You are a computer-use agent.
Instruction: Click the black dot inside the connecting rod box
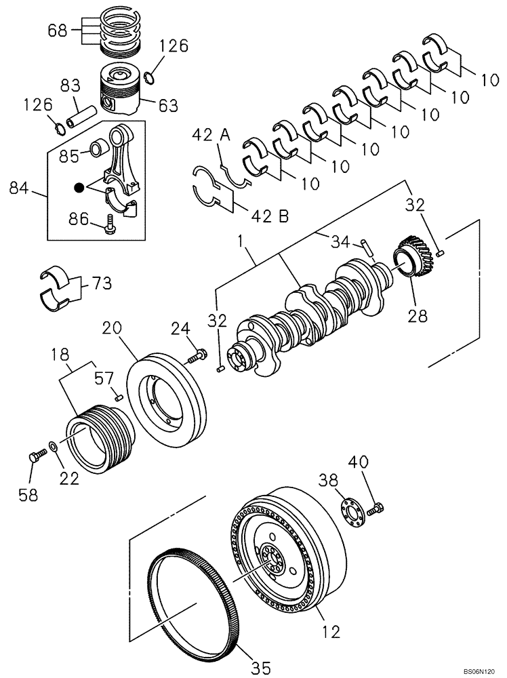(80, 187)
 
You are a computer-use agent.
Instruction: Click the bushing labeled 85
(100, 146)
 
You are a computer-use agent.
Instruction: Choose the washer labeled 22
(54, 449)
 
